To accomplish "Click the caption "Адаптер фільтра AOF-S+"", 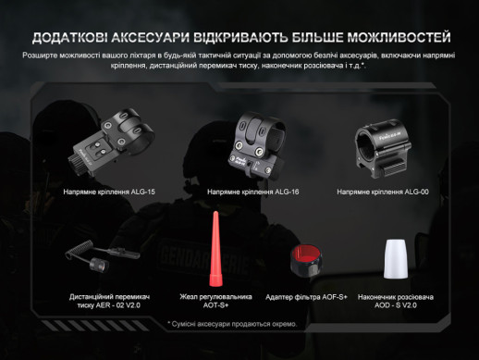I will [307, 297].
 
